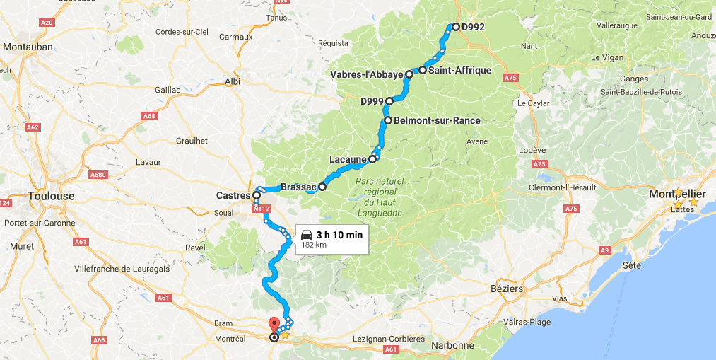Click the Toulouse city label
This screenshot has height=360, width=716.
[50, 196]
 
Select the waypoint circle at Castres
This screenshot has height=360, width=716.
[257, 195]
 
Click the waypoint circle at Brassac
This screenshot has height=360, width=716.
[322, 187]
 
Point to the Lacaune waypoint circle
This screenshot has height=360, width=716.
[372, 159]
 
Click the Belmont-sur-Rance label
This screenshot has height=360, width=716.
[437, 121]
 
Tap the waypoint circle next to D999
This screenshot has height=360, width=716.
[389, 101]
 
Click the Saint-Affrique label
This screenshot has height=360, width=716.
[459, 70]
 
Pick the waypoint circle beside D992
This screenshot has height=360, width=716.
[455, 27]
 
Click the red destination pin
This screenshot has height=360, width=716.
[274, 327]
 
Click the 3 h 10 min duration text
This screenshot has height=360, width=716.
[339, 234]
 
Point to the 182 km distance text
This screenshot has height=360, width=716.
[313, 245]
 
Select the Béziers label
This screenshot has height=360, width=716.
[507, 289]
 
